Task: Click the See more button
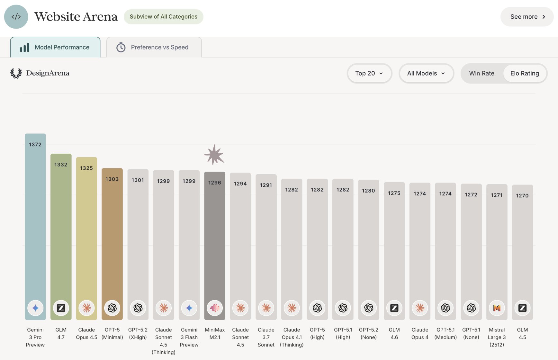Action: pyautogui.click(x=527, y=17)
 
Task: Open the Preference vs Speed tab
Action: pyautogui.click(x=154, y=47)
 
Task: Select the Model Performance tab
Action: pyautogui.click(x=55, y=47)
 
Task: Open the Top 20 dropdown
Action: pyautogui.click(x=369, y=73)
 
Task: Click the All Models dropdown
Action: pyautogui.click(x=426, y=73)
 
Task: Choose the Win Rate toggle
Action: pyautogui.click(x=482, y=73)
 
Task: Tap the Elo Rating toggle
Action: pyautogui.click(x=525, y=73)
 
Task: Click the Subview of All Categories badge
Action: pyautogui.click(x=163, y=17)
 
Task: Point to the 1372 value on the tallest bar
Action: pyautogui.click(x=35, y=145)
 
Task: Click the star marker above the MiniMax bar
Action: pyautogui.click(x=214, y=155)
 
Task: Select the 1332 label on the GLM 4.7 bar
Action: pyautogui.click(x=61, y=165)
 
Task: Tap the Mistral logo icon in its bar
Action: pyautogui.click(x=497, y=308)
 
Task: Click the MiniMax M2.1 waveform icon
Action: pyautogui.click(x=215, y=308)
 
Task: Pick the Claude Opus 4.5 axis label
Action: pyautogui.click(x=86, y=334)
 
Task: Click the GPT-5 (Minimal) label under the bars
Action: pyautogui.click(x=112, y=334)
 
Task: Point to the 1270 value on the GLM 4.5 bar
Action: pyautogui.click(x=522, y=195)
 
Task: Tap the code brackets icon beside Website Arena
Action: pyautogui.click(x=16, y=17)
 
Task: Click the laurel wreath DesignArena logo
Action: pyautogui.click(x=16, y=73)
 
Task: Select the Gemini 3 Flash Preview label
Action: pyautogui.click(x=189, y=337)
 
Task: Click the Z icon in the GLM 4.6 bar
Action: pyautogui.click(x=394, y=308)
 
